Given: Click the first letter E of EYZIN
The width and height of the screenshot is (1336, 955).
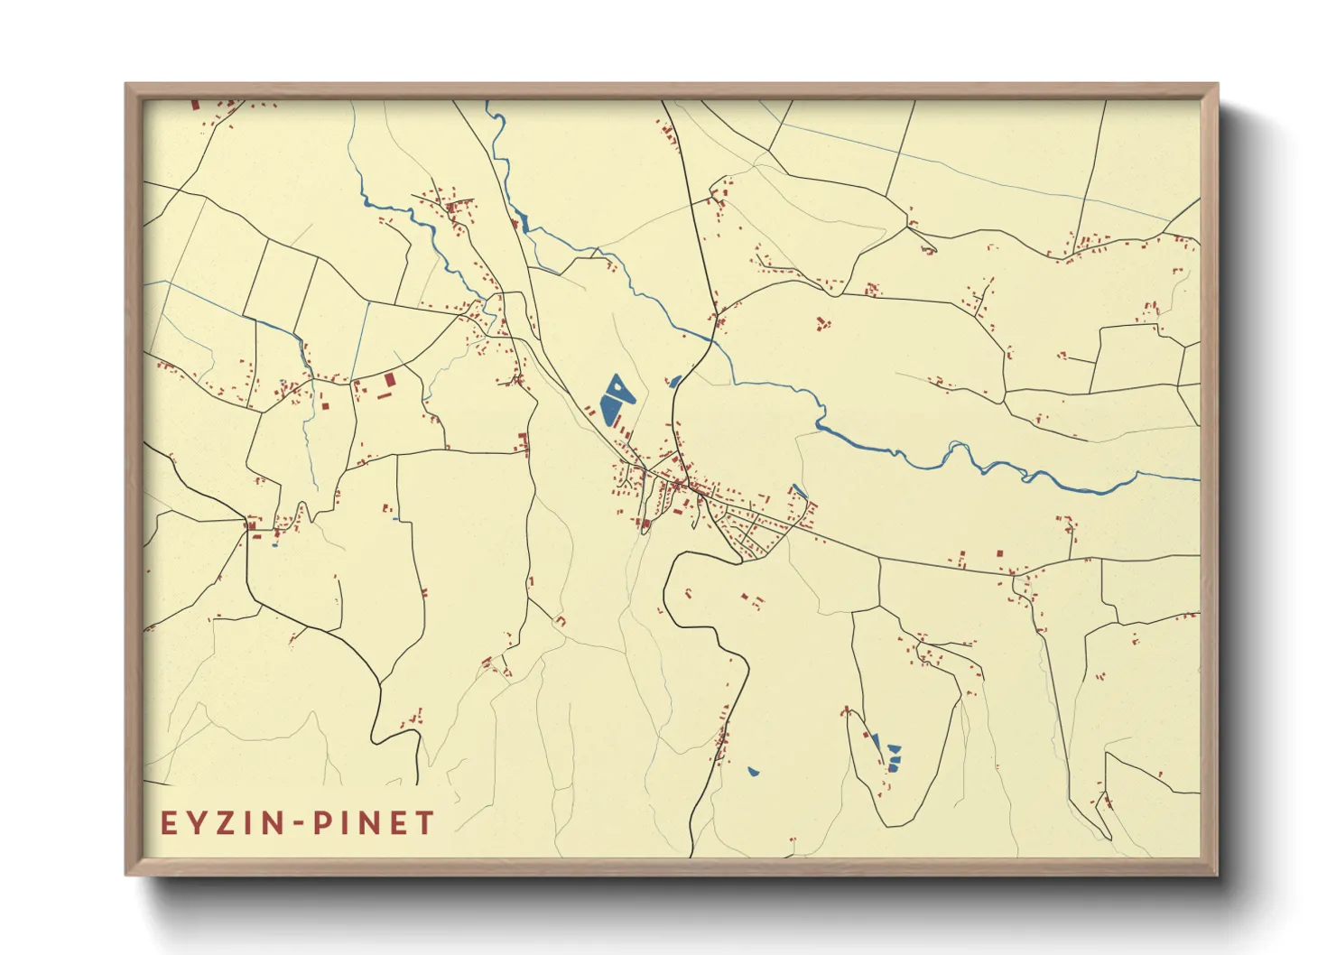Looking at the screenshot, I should pyautogui.click(x=169, y=823).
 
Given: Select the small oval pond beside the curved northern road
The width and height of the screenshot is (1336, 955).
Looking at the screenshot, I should pyautogui.click(x=674, y=382).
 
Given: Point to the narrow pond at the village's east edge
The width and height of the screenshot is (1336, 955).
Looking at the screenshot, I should pyautogui.click(x=798, y=492).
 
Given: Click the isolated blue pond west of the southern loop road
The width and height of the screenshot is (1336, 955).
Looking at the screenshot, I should pyautogui.click(x=753, y=772).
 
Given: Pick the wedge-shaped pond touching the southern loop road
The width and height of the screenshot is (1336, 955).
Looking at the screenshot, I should pyautogui.click(x=874, y=743).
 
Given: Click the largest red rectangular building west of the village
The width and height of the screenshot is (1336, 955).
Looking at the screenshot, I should pyautogui.click(x=390, y=381).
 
